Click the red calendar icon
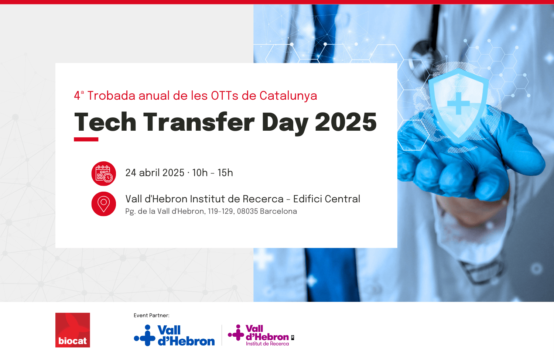coord(104,174)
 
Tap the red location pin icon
coord(104,204)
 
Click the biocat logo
coord(72,330)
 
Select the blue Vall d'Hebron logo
coord(174,335)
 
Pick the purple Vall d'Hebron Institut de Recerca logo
coord(261,335)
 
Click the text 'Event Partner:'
coord(151,315)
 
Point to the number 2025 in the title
coord(346,122)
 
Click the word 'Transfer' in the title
coord(199,121)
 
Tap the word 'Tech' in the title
coord(105,121)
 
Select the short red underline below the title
coord(86,140)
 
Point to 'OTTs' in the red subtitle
coord(225,96)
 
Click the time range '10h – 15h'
coord(213,173)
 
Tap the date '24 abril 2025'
coord(155,173)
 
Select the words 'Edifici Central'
coord(327,199)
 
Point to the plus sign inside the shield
coord(459,103)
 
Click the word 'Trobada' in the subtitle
coord(111,96)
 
